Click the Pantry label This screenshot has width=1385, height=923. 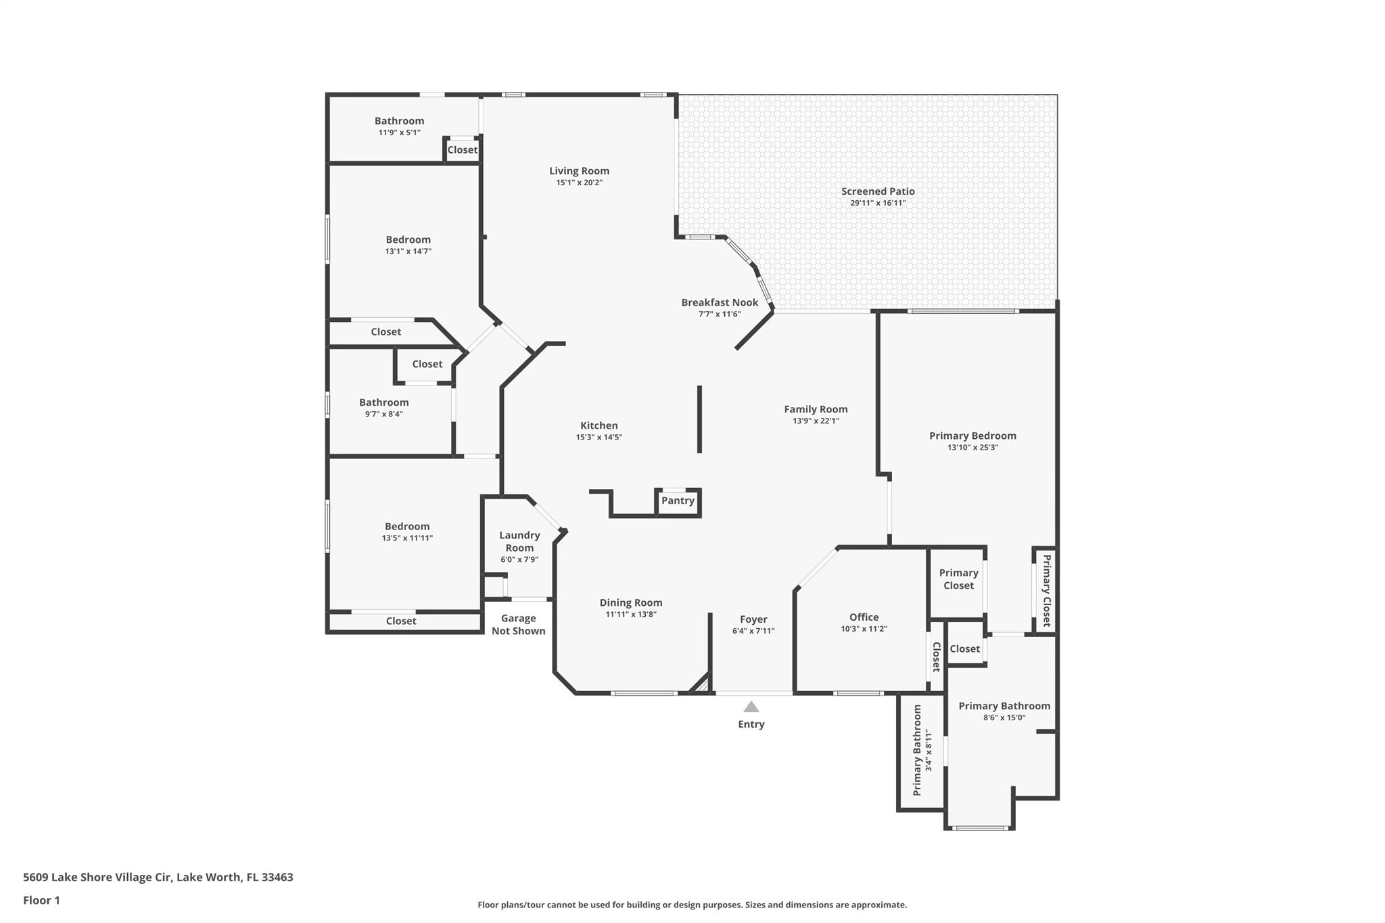pos(678,500)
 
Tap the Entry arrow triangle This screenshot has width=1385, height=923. pos(751,707)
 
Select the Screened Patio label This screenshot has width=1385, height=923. pos(878,191)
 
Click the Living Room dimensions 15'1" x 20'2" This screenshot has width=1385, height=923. pos(579,183)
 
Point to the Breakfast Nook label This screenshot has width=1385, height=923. pos(720,302)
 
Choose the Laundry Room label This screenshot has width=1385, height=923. pos(519,541)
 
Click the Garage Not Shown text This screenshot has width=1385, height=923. pos(518,624)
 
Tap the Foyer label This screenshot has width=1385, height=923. pos(753,619)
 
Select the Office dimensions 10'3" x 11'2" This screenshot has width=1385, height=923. pos(864,629)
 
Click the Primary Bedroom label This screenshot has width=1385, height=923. pos(972,435)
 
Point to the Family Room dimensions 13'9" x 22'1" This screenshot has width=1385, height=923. pos(816,421)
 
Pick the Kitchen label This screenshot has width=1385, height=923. pos(598,425)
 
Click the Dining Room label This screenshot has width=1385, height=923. pos(630,602)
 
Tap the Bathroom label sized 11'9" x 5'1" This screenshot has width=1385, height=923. pos(399,121)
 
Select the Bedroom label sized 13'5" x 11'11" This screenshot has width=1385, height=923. pos(407,526)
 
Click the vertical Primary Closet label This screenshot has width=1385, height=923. pos(1046,590)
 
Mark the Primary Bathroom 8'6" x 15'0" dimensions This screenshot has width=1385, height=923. pos(1004,717)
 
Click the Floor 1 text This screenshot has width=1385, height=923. pos(41,900)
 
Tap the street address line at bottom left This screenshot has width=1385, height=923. pos(158,877)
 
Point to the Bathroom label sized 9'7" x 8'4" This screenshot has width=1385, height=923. pos(383,402)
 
